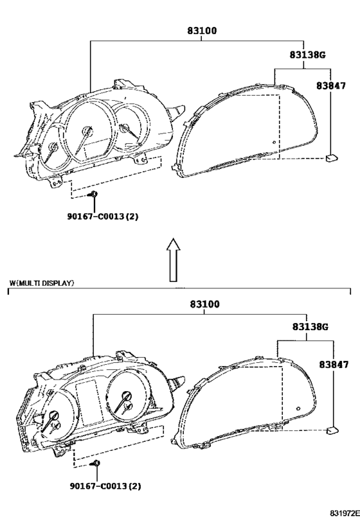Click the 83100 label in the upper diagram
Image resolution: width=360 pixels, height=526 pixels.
point(202,31)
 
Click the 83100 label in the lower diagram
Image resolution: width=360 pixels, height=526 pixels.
point(204,304)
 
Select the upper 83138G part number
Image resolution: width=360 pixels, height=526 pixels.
point(308,55)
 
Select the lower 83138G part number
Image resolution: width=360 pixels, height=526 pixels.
point(310,326)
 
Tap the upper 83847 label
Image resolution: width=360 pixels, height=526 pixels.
point(331,86)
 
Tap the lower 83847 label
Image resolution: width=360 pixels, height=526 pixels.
point(334,364)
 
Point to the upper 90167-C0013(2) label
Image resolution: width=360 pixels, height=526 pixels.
point(103,216)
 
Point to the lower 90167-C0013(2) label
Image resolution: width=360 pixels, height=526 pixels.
point(105,486)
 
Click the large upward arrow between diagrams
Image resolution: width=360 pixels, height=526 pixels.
point(174,259)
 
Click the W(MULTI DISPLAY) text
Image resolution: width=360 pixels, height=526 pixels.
point(42,283)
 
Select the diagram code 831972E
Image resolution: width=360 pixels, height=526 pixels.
point(344,513)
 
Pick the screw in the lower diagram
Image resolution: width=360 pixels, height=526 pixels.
point(96,463)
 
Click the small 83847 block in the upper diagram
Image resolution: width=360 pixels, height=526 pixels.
point(332,157)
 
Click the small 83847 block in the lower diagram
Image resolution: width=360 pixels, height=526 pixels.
point(332,430)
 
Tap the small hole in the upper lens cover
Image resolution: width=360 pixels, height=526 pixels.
point(274,142)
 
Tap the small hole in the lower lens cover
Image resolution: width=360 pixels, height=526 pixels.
point(298,408)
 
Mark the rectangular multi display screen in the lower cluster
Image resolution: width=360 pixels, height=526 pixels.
point(89,403)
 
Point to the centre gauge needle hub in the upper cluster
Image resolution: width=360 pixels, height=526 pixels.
point(87,131)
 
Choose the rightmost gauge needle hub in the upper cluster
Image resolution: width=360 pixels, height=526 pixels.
point(124,128)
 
